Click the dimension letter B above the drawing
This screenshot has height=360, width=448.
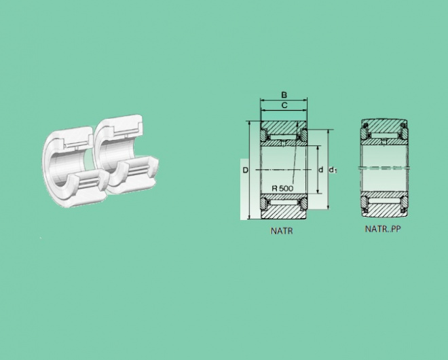pyautogui.click(x=284, y=95)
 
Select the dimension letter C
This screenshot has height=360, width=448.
pyautogui.click(x=284, y=105)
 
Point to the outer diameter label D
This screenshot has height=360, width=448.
pyautogui.click(x=246, y=170)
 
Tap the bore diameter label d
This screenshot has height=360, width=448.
pyautogui.click(x=321, y=170)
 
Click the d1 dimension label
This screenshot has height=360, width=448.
pyautogui.click(x=333, y=170)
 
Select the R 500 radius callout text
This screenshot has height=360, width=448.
pyautogui.click(x=282, y=188)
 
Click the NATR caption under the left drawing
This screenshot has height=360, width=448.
pyautogui.click(x=282, y=231)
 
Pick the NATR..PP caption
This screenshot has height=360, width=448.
pyautogui.click(x=383, y=229)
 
